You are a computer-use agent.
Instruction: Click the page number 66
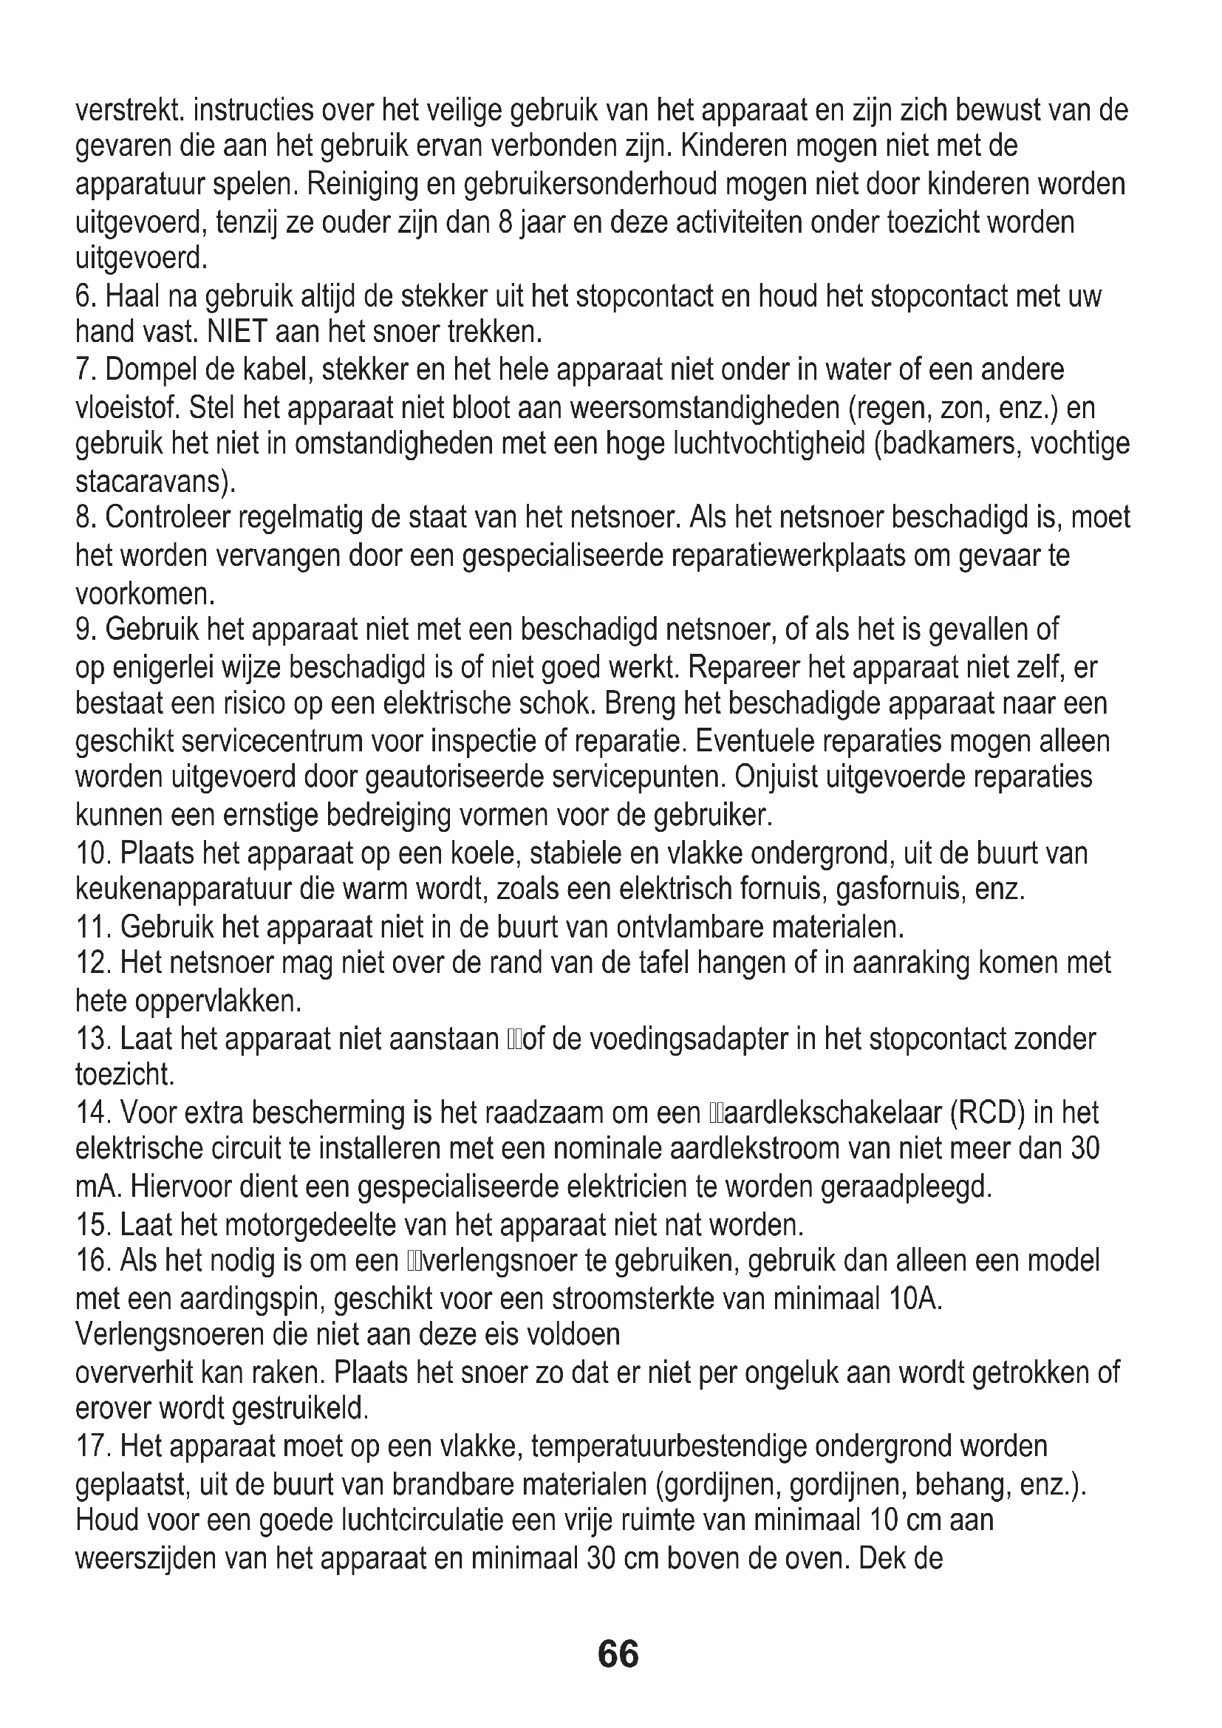(x=618, y=1654)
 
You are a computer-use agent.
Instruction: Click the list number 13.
(x=93, y=1039)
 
